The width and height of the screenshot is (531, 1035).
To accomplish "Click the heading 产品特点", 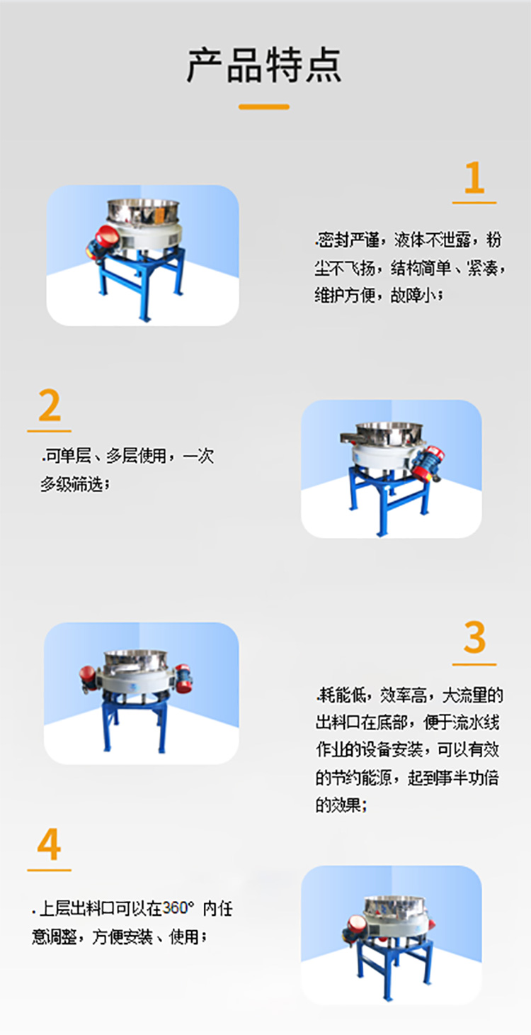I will coord(264,65).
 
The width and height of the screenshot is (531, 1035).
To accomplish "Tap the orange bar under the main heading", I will coord(264,107).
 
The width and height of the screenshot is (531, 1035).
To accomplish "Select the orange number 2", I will coord(49,406).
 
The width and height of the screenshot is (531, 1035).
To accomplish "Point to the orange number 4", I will coord(49,846).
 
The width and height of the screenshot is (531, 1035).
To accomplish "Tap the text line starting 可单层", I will coord(127,457).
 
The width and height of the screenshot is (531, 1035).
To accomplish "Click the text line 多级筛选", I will coord(75,485).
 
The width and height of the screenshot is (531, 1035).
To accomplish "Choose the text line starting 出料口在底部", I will coord(407,723).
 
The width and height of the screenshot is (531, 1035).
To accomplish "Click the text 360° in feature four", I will coord(178,908).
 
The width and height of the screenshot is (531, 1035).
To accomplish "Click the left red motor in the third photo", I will coord(88,678).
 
